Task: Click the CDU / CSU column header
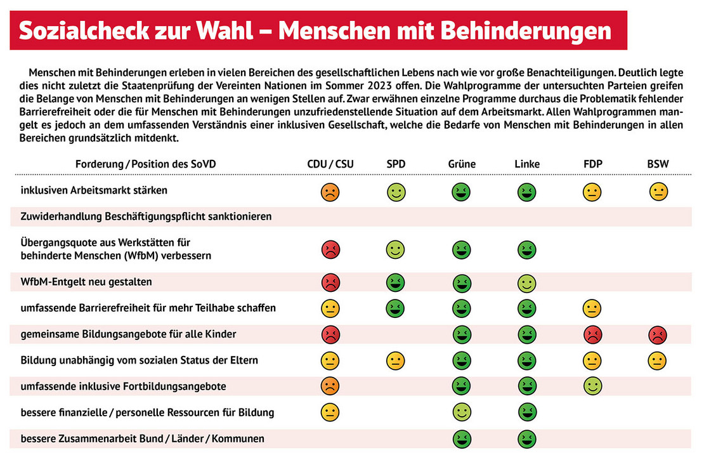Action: pyautogui.click(x=330, y=164)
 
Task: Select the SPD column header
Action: pyautogui.click(x=396, y=164)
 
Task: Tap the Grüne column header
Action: pyautogui.click(x=461, y=164)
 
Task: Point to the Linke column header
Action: pyautogui.click(x=527, y=164)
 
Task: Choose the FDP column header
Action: pyautogui.click(x=592, y=164)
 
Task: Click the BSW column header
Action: pyautogui.click(x=658, y=164)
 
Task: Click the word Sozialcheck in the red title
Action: pyautogui.click(x=75, y=31)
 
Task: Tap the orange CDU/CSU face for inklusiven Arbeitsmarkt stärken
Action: pyautogui.click(x=330, y=192)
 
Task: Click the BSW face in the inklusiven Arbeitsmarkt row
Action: pyautogui.click(x=658, y=192)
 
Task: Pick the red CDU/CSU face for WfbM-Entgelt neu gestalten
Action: pyautogui.click(x=330, y=282)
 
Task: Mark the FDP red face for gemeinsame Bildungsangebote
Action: pyautogui.click(x=592, y=334)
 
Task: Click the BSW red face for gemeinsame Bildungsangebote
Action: pyautogui.click(x=658, y=334)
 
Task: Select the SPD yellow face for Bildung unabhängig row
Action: pyautogui.click(x=396, y=361)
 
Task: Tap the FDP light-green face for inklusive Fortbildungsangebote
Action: pyautogui.click(x=592, y=385)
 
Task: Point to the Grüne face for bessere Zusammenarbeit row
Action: pyautogui.click(x=461, y=438)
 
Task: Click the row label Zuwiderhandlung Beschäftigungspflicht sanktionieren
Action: pyautogui.click(x=146, y=216)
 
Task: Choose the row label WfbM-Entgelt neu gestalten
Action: pyautogui.click(x=86, y=282)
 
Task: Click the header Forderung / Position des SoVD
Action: pyautogui.click(x=145, y=164)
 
